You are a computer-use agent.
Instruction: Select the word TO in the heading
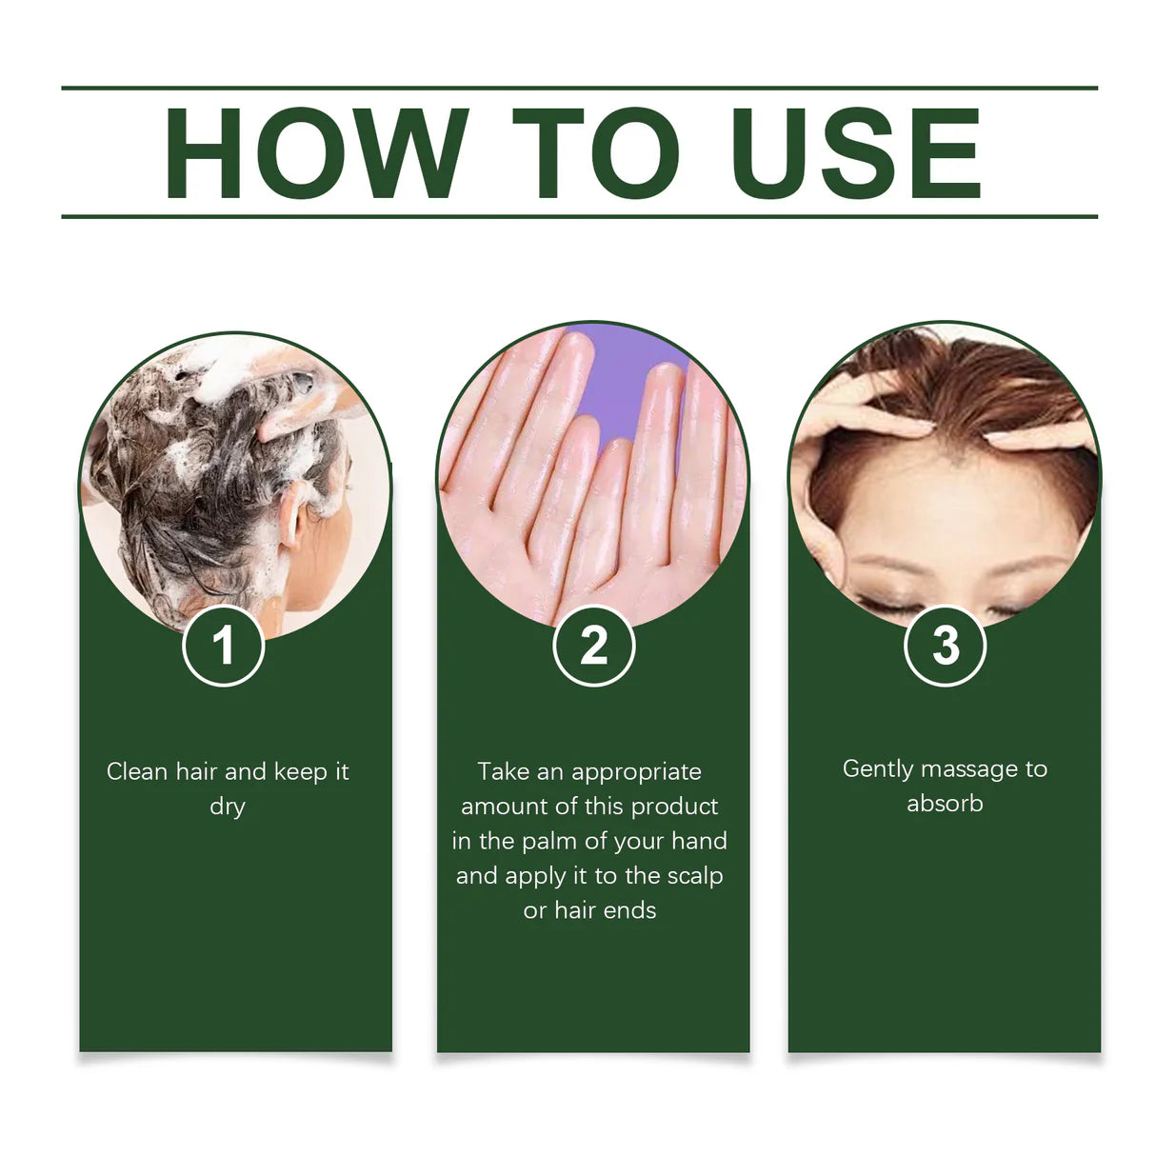596,154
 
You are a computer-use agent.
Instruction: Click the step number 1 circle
223,646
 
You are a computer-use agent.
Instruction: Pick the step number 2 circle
593,646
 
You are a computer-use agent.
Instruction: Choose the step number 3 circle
945,646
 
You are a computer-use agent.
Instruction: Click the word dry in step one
228,807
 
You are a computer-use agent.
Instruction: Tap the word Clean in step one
137,771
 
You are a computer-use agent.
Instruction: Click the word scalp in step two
695,875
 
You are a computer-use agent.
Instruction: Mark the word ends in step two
629,910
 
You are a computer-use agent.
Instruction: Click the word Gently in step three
878,769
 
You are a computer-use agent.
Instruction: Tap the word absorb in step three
945,804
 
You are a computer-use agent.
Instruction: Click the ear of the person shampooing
291,520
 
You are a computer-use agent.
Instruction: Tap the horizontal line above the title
579,88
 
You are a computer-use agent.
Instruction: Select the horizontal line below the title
579,216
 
